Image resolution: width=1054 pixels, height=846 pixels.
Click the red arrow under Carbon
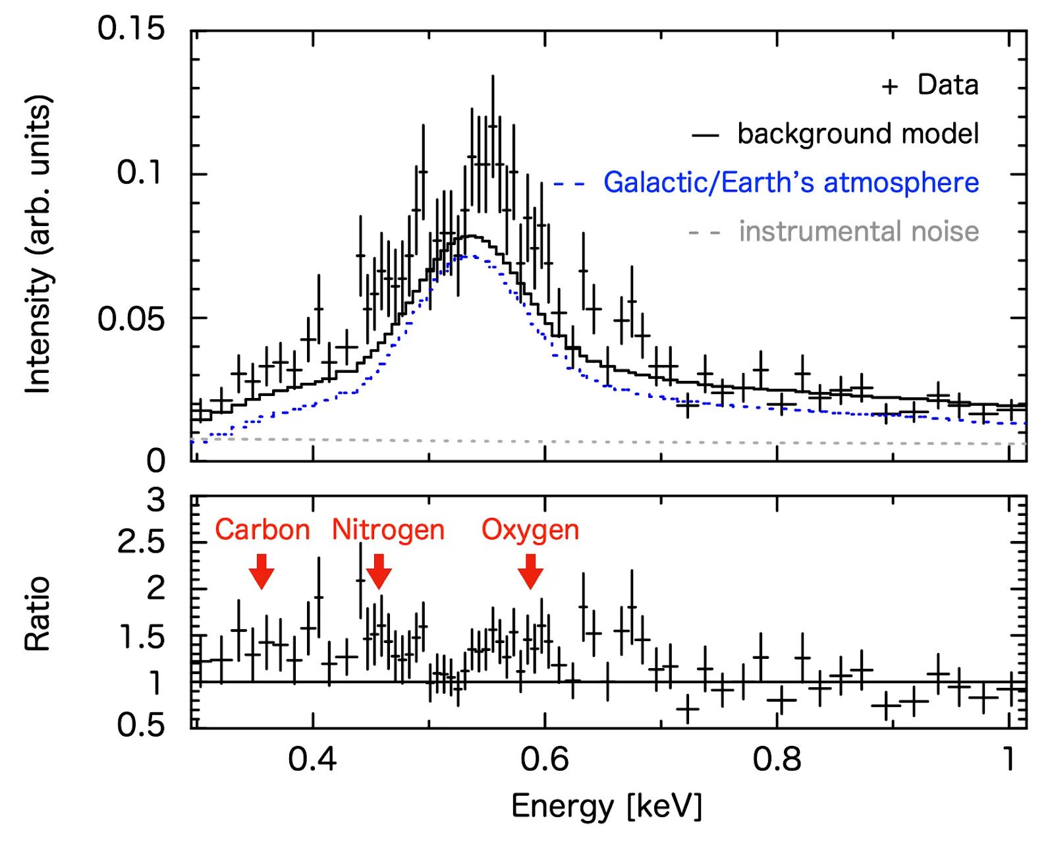[262, 571]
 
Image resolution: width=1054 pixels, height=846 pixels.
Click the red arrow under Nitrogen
[379, 571]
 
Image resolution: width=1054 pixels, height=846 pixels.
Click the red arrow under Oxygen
[530, 571]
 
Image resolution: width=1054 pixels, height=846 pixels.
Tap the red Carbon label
[262, 530]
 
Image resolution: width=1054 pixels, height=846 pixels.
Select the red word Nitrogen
[388, 530]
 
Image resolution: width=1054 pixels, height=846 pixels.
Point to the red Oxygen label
[530, 530]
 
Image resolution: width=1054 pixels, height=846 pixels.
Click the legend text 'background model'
[858, 134]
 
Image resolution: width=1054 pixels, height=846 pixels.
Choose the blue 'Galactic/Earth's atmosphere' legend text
[790, 183]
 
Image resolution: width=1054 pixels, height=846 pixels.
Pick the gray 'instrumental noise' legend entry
[858, 231]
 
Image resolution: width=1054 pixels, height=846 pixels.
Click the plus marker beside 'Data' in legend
[890, 86]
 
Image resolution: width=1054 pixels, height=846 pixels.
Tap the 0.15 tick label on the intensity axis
[131, 29]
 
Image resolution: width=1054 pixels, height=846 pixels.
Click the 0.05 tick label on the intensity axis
[131, 319]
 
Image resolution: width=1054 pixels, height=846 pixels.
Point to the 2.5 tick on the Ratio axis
[140, 543]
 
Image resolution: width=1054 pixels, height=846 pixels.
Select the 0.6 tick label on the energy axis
[544, 759]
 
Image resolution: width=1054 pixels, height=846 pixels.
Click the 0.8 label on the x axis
[777, 759]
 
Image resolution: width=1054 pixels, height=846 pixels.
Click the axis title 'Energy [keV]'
[607, 806]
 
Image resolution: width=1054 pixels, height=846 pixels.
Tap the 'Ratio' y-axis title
[38, 613]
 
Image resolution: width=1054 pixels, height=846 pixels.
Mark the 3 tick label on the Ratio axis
[156, 500]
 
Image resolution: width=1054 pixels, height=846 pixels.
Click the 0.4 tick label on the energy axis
[312, 759]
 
